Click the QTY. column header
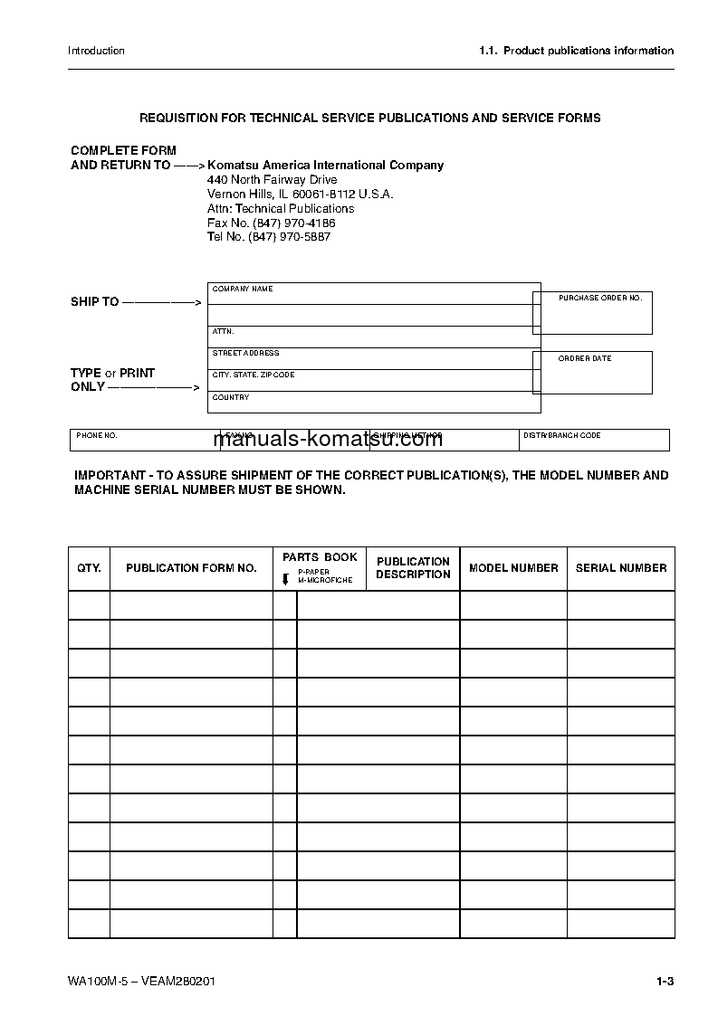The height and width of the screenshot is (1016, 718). click(89, 568)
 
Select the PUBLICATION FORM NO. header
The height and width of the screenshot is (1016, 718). click(191, 568)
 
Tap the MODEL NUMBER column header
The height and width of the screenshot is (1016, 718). click(513, 568)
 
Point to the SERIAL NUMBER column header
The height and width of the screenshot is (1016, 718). click(621, 568)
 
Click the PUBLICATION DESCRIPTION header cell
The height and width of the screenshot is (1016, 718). click(413, 568)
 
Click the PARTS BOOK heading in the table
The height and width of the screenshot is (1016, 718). click(320, 557)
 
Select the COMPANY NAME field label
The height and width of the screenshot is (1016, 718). click(243, 290)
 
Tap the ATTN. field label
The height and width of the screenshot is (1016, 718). click(223, 332)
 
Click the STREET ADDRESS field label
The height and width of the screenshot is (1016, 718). click(246, 354)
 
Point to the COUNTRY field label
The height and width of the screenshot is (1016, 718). click(231, 398)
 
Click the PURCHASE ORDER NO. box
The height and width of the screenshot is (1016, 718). click(592, 312)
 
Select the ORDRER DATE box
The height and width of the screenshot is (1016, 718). click(592, 372)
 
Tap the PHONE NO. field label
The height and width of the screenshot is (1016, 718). click(97, 436)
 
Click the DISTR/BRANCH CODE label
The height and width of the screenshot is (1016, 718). click(561, 436)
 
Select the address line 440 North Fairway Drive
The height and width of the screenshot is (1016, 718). click(273, 180)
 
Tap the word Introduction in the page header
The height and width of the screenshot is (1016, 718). click(96, 51)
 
